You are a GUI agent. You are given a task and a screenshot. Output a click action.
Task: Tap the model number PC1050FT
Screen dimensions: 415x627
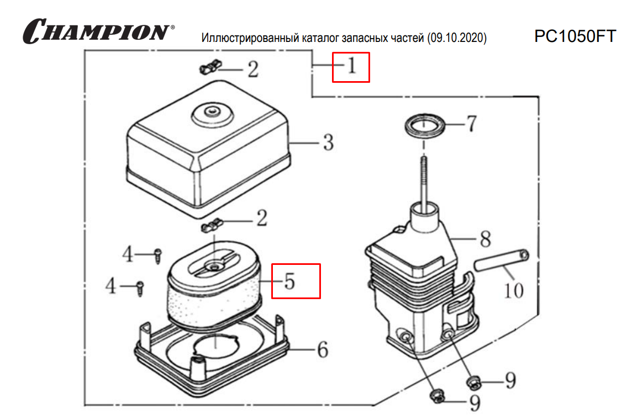point(575,36)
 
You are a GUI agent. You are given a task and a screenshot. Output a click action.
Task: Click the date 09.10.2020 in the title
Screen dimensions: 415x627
point(457,39)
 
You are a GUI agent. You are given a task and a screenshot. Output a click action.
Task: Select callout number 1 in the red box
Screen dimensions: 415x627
point(351,67)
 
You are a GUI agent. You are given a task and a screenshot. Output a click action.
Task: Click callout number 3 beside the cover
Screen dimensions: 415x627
point(328,143)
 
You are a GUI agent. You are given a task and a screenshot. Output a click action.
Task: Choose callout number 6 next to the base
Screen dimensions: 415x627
point(322,350)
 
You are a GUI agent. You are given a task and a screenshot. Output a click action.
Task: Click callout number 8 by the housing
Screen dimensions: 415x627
point(484,240)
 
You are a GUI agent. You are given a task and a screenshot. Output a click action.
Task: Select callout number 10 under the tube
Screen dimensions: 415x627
point(514,290)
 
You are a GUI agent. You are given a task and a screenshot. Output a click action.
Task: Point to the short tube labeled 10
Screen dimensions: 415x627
point(501,261)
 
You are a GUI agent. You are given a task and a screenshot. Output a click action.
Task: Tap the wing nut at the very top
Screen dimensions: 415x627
point(209,68)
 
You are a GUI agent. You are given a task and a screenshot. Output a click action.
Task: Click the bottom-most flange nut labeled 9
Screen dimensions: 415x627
point(438,396)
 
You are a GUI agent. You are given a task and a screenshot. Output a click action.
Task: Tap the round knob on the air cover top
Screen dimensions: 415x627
point(210,114)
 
